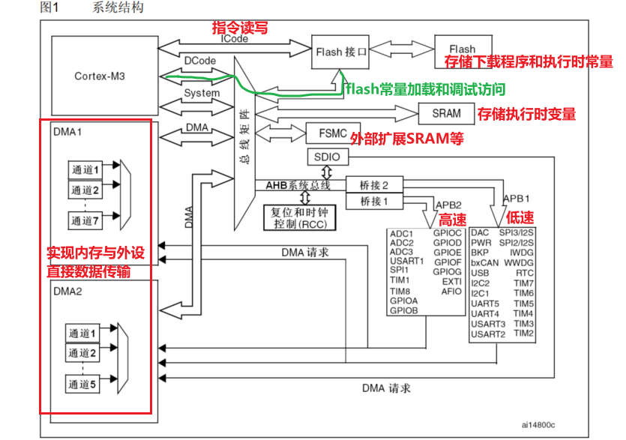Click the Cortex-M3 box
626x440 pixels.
coord(100,76)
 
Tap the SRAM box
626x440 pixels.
coord(447,114)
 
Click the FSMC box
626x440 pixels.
coord(328,133)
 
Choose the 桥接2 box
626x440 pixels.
coord(373,184)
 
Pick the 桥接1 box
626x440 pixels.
coord(373,201)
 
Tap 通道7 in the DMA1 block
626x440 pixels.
coord(85,220)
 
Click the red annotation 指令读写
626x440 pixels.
coord(240,28)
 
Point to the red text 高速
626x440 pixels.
coord(452,220)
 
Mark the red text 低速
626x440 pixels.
coord(520,217)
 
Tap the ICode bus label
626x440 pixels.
coord(234,39)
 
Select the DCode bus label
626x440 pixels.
coord(199,59)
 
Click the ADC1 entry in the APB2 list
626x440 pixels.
coord(402,234)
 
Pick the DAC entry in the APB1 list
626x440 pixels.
coord(481,233)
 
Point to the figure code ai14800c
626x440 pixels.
coord(539,424)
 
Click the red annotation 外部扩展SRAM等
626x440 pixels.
coord(407,138)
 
